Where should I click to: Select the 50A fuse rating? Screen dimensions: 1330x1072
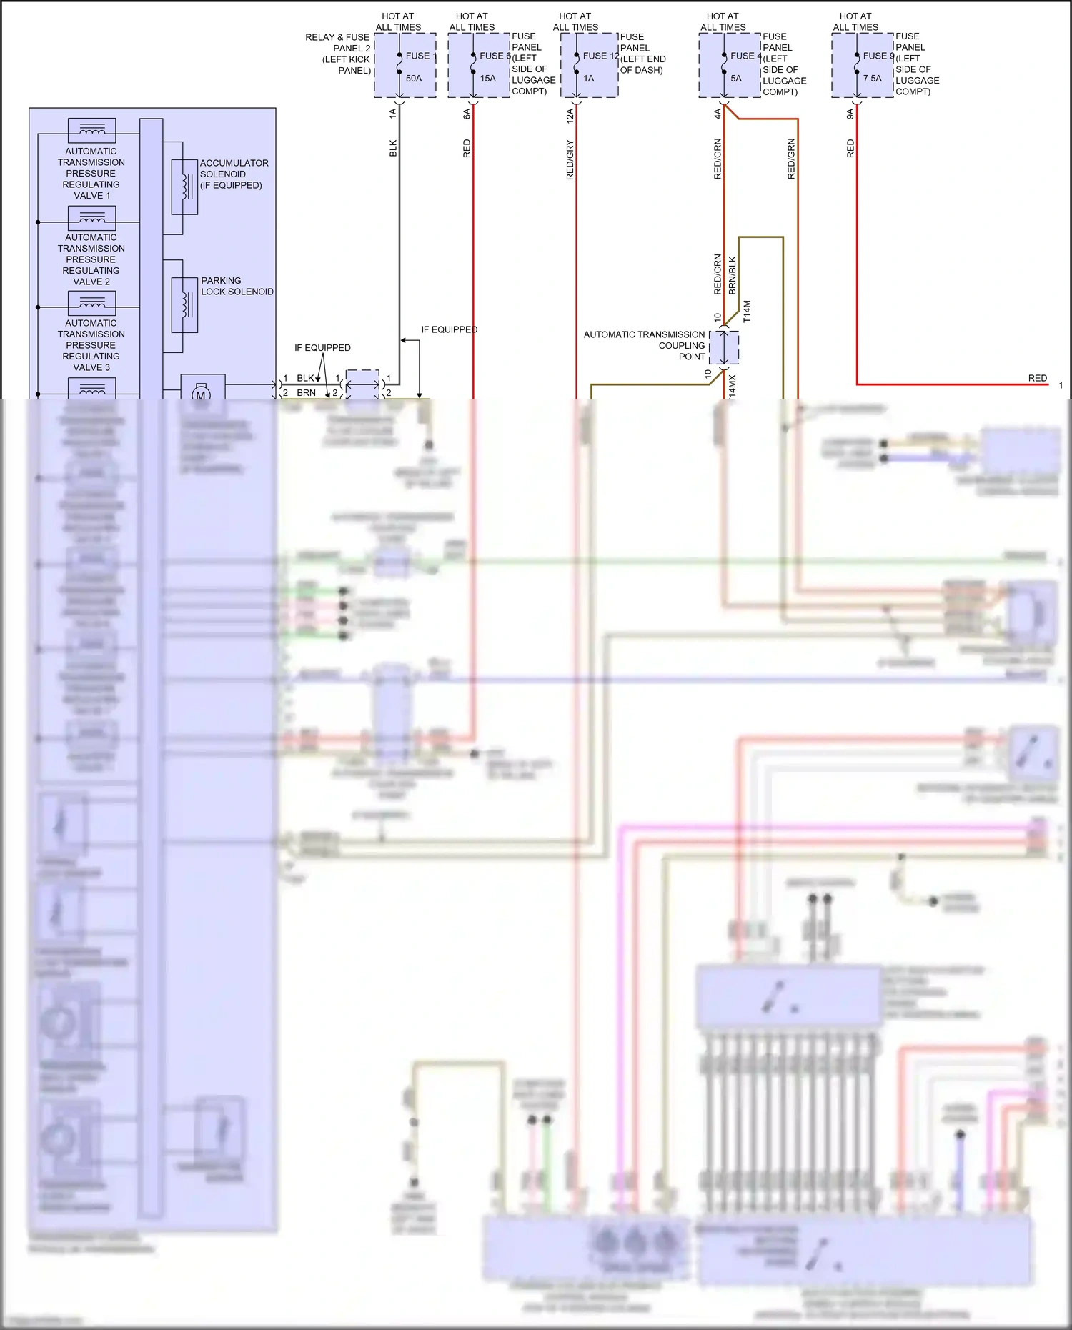click(414, 79)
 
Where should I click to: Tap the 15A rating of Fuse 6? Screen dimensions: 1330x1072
click(488, 79)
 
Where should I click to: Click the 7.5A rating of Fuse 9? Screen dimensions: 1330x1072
click(872, 79)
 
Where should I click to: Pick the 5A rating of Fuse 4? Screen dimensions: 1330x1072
click(736, 79)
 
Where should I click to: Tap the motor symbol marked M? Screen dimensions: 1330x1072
click(201, 394)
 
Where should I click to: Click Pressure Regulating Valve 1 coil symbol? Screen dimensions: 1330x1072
click(91, 130)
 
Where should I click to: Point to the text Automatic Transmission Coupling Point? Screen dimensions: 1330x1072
click(644, 345)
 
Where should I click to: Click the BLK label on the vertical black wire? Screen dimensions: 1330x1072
click(393, 149)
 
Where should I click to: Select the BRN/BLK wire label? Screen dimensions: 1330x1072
click(733, 276)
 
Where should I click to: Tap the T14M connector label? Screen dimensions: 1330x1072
click(748, 312)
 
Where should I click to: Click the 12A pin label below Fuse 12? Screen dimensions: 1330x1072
click(570, 116)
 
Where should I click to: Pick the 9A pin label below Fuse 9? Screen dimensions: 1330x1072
click(850, 114)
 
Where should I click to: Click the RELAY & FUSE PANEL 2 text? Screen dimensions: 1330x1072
click(337, 43)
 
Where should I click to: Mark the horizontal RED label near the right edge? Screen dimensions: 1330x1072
click(1038, 378)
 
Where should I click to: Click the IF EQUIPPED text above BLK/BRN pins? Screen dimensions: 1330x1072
click(322, 348)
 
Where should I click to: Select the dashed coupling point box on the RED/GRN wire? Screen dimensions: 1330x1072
click(724, 348)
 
